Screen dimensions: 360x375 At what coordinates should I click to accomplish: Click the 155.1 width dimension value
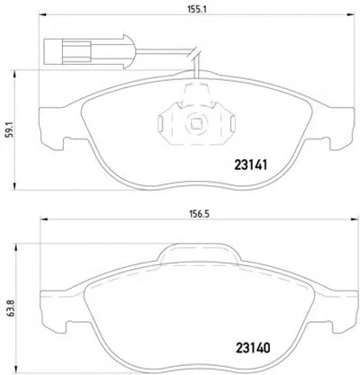coord(197,8)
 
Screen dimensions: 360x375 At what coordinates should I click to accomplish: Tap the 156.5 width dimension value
coord(198,214)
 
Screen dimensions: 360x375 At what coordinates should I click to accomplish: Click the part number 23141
coord(250,165)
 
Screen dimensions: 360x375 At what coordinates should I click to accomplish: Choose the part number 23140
coord(253,348)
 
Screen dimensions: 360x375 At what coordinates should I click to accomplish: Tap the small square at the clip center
coord(196,124)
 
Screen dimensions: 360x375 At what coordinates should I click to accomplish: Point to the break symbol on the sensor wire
coord(193,53)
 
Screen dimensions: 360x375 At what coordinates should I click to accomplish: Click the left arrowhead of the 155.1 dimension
coord(44,14)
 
